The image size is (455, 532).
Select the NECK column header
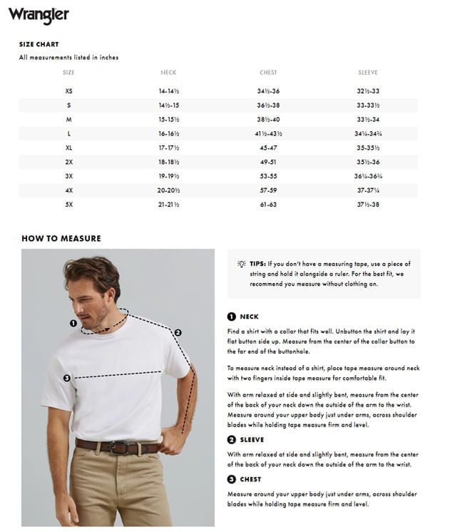point(168,73)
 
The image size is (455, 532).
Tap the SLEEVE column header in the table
point(368,73)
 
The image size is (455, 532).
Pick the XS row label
point(68,91)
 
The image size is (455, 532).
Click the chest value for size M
point(268,119)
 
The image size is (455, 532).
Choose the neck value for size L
point(168,133)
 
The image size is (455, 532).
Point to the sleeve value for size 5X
point(368,205)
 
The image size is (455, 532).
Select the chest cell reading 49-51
point(268,162)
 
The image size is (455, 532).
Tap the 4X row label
point(68,190)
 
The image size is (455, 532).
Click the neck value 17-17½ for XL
point(168,148)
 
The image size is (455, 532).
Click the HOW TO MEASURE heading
point(61,238)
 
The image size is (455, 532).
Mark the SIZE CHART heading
point(39,44)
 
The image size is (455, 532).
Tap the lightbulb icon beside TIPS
point(241,264)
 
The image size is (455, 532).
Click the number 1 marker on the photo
point(73,323)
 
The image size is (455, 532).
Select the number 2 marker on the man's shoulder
point(178,332)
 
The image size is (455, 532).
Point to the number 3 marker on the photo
point(66,378)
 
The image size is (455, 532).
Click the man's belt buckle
point(119,448)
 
